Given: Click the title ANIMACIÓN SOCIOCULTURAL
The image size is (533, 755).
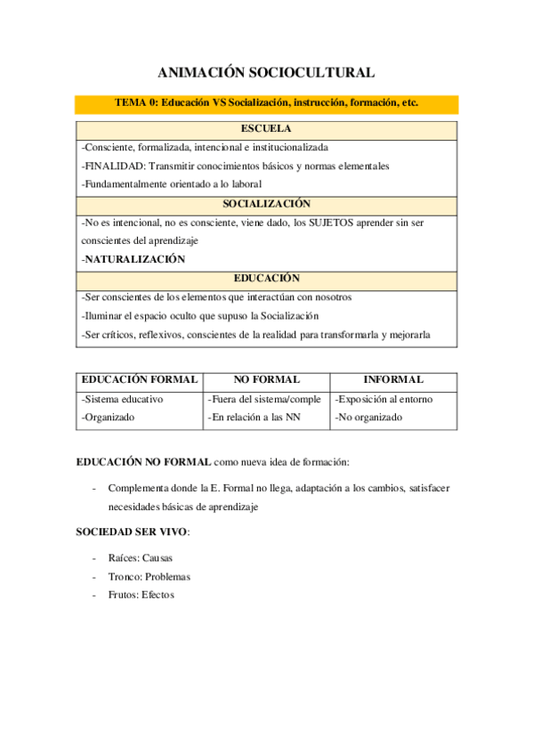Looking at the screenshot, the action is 266,73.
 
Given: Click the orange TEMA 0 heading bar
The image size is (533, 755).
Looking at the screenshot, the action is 266,103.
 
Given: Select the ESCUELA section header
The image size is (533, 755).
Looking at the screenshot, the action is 266,129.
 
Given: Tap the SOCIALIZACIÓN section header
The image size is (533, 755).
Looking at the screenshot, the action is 266,204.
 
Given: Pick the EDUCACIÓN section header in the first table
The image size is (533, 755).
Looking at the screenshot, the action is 266,279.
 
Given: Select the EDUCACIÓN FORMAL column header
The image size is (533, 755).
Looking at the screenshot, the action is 138,379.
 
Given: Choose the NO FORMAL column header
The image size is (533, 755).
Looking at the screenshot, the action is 266,379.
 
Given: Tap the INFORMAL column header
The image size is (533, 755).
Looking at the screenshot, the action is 393,379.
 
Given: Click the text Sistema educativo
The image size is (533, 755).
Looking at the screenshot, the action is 124,400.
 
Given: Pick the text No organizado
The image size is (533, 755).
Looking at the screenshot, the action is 368,417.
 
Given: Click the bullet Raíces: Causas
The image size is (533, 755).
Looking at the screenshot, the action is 140,558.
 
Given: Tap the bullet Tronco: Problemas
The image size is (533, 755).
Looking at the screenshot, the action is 149,576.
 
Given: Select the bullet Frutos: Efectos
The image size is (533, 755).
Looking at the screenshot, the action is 141,594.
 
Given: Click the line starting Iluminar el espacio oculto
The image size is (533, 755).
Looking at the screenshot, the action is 199,316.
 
